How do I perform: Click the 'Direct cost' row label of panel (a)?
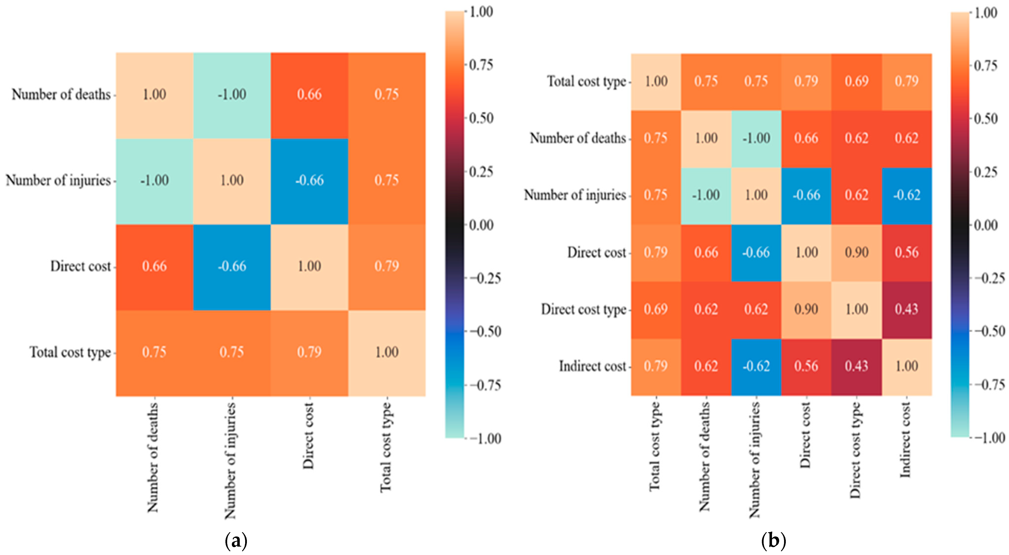pyautogui.click(x=80, y=266)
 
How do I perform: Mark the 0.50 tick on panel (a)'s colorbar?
pyautogui.click(x=481, y=118)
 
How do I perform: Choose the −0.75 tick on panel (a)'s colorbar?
pyautogui.click(x=485, y=385)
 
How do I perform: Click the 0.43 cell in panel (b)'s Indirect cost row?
pyautogui.click(x=856, y=366)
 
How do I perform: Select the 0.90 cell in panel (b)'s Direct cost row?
pyautogui.click(x=856, y=252)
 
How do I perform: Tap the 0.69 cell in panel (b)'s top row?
pyautogui.click(x=856, y=81)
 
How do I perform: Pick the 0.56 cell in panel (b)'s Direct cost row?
pyautogui.click(x=906, y=252)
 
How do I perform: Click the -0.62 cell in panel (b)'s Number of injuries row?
pyautogui.click(x=906, y=195)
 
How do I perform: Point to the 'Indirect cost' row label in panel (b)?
pyautogui.click(x=592, y=366)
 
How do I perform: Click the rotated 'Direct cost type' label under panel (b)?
pyautogui.click(x=855, y=450)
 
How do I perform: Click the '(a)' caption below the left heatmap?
pyautogui.click(x=236, y=541)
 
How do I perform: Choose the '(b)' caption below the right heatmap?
pyautogui.click(x=774, y=541)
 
